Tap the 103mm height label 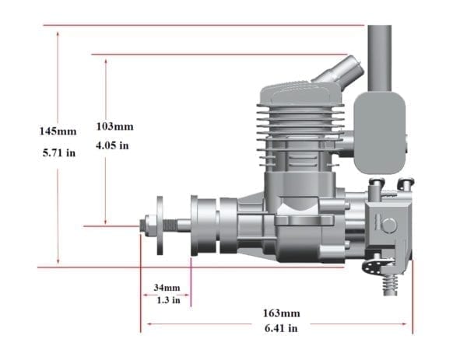[x=114, y=126]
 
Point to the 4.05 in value [x=113, y=145]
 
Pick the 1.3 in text [x=165, y=299]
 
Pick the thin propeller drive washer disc [x=160, y=225]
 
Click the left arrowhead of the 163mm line [x=143, y=323]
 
